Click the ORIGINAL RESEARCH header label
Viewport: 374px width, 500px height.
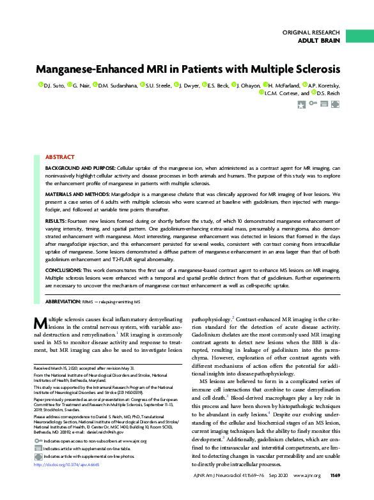[x=311, y=32]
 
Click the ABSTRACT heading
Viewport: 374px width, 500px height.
[x=59, y=156]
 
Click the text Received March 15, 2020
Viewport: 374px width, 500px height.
[x=63, y=369]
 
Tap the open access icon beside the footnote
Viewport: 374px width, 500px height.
[x=37, y=441]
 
